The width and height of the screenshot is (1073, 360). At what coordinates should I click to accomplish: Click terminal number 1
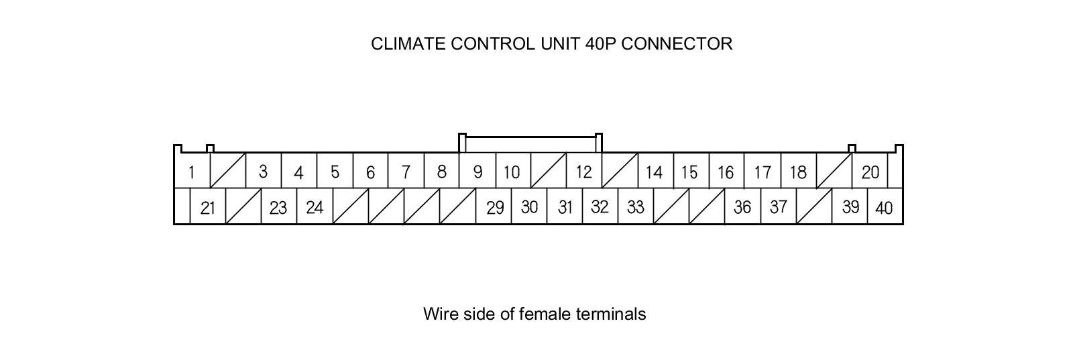[x=191, y=172]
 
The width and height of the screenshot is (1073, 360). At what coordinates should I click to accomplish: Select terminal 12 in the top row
[x=583, y=172]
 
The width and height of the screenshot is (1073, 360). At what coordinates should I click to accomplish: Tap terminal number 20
[x=870, y=172]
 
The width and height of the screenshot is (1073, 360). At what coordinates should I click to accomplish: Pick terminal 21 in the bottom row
[x=208, y=208]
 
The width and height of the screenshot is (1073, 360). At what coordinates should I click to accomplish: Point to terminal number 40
[x=884, y=208]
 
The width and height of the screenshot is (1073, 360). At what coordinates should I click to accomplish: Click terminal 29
[x=495, y=208]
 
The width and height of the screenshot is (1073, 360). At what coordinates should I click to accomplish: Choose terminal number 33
[x=635, y=208]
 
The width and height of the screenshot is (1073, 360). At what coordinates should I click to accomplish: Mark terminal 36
[x=742, y=208]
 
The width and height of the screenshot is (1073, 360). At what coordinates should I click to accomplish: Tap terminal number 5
[x=335, y=172]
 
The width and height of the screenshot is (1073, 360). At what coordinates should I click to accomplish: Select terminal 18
[x=798, y=172]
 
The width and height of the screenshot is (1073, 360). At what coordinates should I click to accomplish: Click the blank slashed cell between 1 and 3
[x=228, y=171]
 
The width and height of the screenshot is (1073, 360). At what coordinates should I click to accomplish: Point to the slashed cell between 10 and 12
[x=549, y=171]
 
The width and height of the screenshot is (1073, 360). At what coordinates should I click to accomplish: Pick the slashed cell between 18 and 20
[x=834, y=171]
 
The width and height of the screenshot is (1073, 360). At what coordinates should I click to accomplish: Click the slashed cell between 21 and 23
[x=243, y=206]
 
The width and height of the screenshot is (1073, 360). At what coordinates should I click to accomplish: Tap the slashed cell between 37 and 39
[x=814, y=206]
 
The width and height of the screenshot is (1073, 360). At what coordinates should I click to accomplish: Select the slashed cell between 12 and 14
[x=620, y=171]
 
